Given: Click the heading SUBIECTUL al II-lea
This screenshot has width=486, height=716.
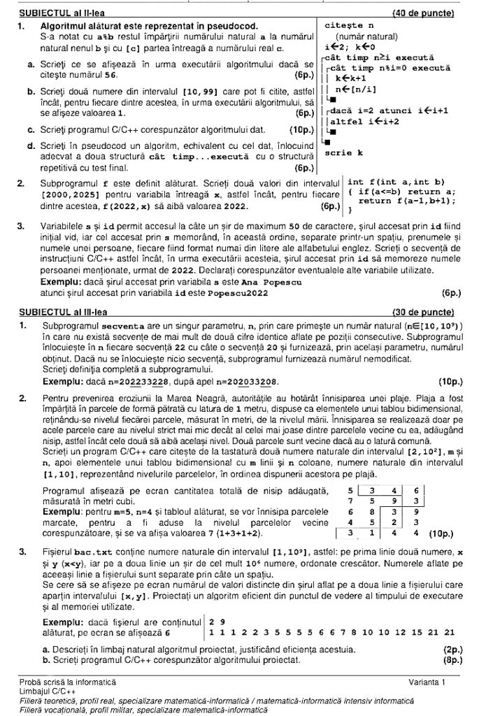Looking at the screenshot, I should pyautogui.click(x=61, y=13).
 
